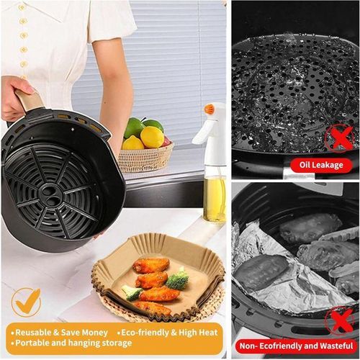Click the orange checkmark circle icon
point(26,302)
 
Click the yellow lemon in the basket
point(151,137)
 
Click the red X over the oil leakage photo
point(339,135)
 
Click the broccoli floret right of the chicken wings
point(178,279)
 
